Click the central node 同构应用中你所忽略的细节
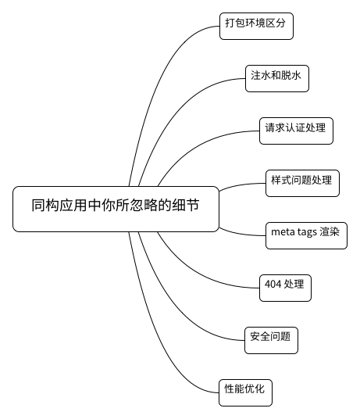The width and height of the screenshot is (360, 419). [116, 209]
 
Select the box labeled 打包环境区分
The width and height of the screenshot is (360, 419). [256, 26]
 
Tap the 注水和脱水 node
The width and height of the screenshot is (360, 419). [277, 78]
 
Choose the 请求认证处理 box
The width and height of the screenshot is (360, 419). [296, 131]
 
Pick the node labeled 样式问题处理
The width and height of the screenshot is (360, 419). [302, 183]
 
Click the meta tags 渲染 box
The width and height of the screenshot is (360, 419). [306, 235]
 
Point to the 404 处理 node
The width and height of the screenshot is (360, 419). [285, 288]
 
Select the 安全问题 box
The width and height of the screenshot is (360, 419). [271, 340]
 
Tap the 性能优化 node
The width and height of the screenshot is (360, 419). [245, 392]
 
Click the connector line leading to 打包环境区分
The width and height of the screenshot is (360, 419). [158, 81]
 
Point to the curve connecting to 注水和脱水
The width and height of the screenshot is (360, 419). [177, 113]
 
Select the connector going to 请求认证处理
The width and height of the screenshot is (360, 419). [198, 145]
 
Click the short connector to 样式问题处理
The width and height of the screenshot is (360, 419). [241, 185]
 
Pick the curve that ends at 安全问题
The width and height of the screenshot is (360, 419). [177, 306]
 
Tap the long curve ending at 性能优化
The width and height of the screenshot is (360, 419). [158, 338]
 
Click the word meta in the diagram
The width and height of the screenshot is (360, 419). [281, 231]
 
